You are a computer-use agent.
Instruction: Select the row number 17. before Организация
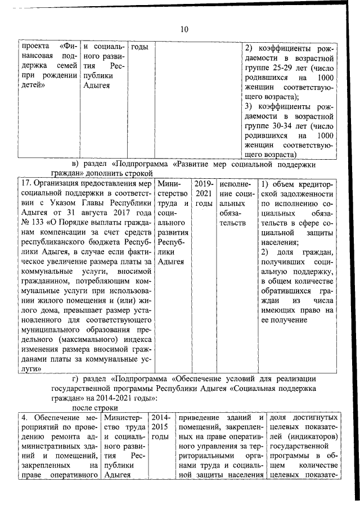click(26, 183)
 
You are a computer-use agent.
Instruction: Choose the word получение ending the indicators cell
click(283, 319)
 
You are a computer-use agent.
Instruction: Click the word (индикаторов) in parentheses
click(312, 438)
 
